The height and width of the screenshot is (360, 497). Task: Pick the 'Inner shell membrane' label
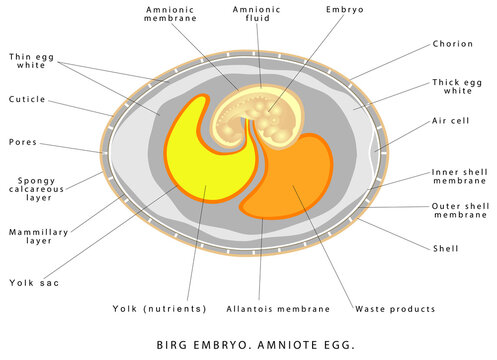click(x=459, y=177)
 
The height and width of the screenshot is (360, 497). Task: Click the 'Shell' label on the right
click(x=446, y=247)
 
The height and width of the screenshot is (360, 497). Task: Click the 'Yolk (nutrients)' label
click(x=160, y=309)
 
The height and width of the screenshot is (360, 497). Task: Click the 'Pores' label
click(x=23, y=141)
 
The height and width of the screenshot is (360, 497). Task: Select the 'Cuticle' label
click(x=28, y=99)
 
